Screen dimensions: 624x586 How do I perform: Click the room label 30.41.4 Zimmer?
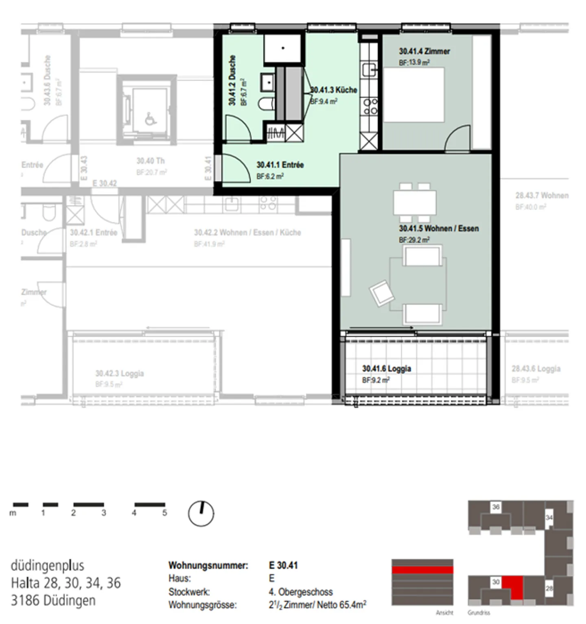424,51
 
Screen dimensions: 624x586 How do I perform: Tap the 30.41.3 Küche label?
334,90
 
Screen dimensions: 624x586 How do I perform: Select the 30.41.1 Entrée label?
280,165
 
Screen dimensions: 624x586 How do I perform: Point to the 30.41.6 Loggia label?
386,369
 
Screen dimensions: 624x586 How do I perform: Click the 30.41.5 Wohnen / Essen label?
438,229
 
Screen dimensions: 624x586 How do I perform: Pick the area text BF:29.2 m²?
414,240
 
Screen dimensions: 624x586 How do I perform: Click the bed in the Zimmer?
413,95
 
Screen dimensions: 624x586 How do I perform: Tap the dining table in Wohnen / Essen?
414,202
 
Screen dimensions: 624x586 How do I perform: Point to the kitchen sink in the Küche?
370,70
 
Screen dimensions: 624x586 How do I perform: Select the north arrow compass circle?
201,513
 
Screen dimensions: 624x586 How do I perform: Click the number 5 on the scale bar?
164,513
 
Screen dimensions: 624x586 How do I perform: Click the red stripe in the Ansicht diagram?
422,569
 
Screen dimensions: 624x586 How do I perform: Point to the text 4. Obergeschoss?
300,592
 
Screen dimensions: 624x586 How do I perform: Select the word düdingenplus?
47,566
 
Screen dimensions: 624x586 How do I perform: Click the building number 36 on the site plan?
496,507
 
